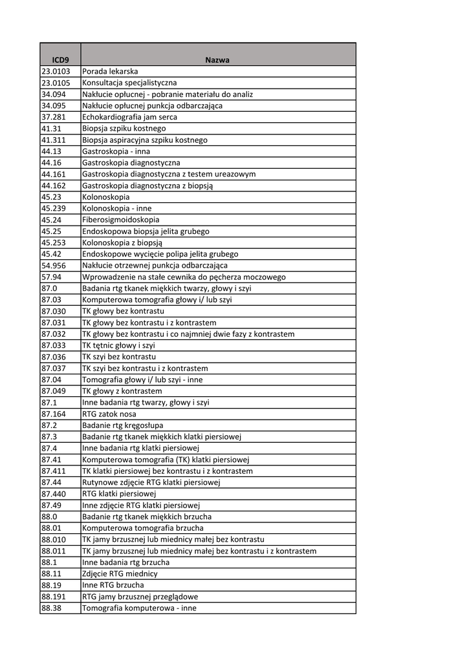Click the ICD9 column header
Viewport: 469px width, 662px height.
[60, 59]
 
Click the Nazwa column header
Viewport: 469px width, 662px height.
[217, 59]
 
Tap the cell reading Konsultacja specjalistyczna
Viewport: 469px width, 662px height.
[129, 83]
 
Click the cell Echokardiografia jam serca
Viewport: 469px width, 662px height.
[129, 117]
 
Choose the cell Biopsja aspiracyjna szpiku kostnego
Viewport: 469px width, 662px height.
[145, 140]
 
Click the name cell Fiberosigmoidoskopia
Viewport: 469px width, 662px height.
[120, 220]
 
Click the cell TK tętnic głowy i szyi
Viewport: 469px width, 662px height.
[118, 345]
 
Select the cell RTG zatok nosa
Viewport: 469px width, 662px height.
[109, 414]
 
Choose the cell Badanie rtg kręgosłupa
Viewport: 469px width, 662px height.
[122, 425]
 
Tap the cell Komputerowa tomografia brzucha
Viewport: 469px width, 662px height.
[142, 528]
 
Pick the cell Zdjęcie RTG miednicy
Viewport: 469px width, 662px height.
[120, 573]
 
